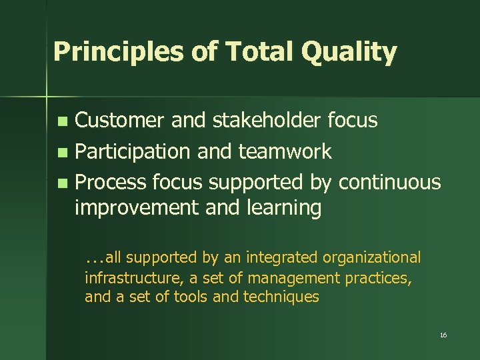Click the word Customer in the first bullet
tap(119, 121)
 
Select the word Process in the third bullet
tap(111, 181)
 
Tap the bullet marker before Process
tap(62, 183)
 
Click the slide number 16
tap(443, 335)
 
